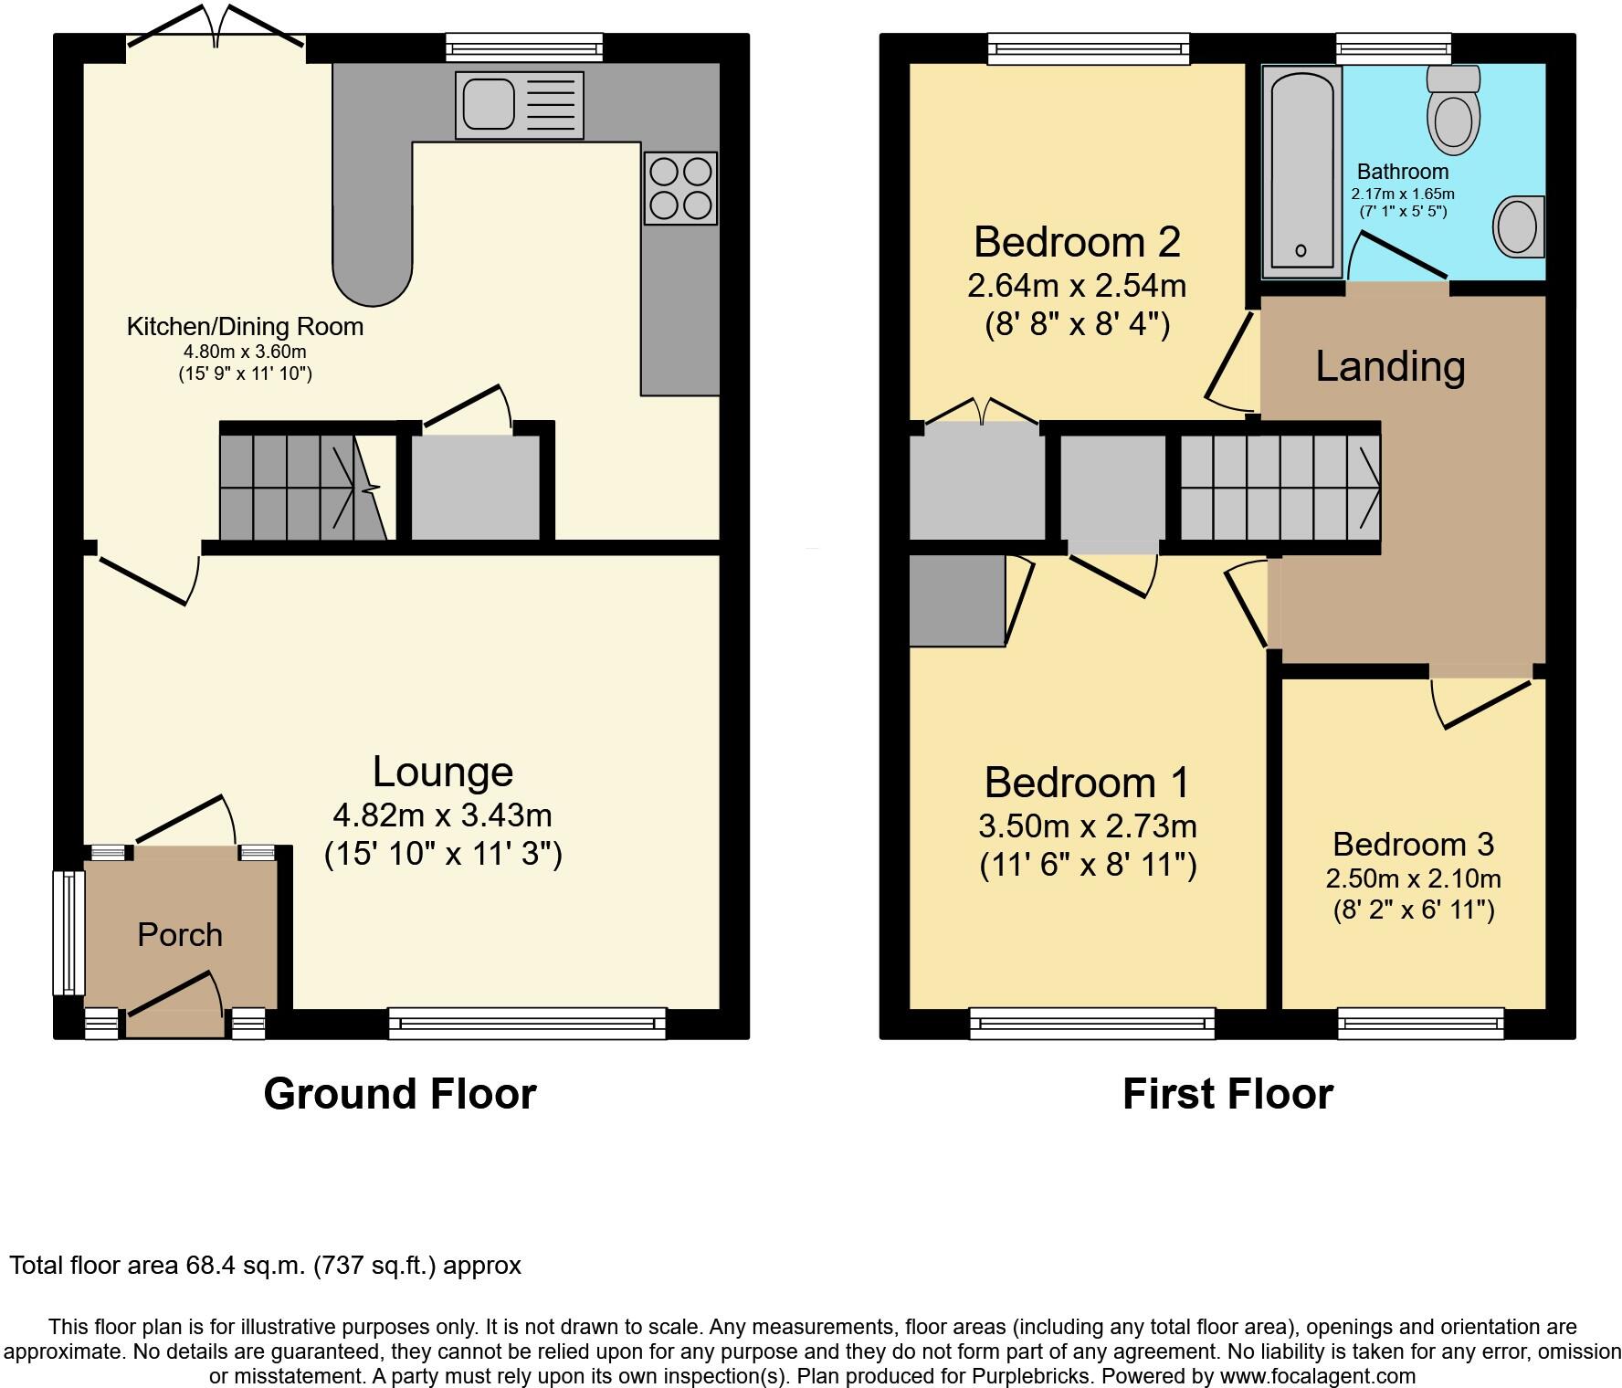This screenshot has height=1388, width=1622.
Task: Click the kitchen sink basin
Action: [488, 104]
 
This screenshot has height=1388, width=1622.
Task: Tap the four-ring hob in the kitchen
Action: [680, 188]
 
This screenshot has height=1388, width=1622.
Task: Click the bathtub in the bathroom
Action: [1301, 171]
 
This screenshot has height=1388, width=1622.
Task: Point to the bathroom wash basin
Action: [1517, 226]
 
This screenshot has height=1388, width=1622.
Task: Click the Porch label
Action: [180, 935]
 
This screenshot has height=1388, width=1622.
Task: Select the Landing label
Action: [1390, 366]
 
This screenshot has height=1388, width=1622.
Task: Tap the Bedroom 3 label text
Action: [1413, 844]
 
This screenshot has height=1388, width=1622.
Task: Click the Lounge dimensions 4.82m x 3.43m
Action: [443, 814]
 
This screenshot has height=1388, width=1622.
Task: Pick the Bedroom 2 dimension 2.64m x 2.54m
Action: [1077, 286]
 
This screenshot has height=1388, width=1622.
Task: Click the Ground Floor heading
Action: [399, 1094]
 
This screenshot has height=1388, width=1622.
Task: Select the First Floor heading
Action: [1227, 1094]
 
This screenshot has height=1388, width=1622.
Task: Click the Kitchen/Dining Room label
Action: [245, 327]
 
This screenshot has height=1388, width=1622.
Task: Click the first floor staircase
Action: [1280, 487]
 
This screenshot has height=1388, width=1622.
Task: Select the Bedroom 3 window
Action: [1420, 1023]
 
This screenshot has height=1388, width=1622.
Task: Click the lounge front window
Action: [527, 1023]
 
